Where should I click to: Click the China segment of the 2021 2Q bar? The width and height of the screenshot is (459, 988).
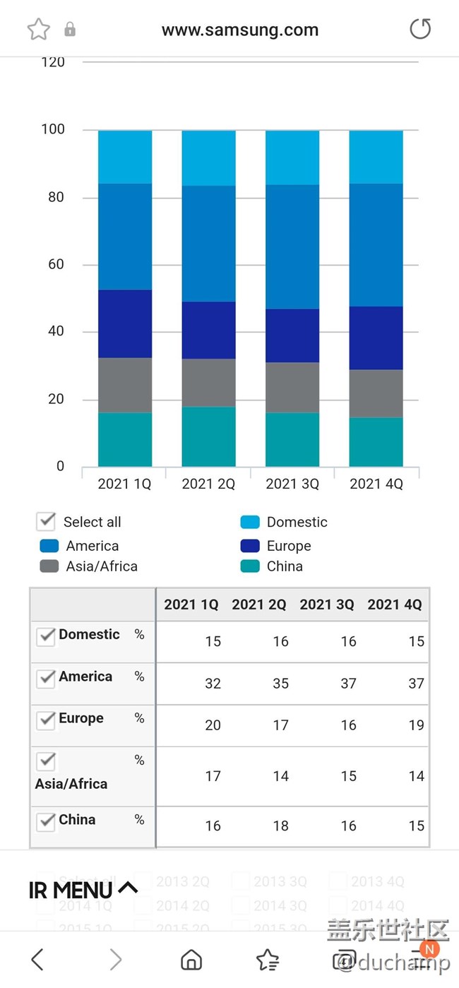pos(208,436)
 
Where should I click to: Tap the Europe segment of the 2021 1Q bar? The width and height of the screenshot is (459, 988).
pos(125,323)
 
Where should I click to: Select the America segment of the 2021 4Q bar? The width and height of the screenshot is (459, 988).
pos(376,244)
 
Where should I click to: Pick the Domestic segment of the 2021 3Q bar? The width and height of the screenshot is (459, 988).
pos(292,157)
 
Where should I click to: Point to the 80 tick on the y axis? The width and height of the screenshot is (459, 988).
pos(56,197)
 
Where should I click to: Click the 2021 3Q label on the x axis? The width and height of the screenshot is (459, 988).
pos(292,484)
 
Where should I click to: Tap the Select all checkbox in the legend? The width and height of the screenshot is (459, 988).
pos(46,522)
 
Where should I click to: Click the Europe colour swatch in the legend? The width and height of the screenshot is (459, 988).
pos(250,546)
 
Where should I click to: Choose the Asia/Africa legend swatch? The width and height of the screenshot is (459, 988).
pos(49,566)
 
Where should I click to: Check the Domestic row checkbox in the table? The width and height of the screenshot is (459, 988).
pos(46,636)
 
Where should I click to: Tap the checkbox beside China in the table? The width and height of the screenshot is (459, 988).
pos(46,821)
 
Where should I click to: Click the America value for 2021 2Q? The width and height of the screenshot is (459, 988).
pos(280,684)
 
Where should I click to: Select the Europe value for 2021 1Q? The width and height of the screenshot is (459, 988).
pos(213,725)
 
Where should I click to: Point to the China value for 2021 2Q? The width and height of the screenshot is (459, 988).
pos(280,826)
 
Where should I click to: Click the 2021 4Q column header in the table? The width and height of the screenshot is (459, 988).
pos(394,605)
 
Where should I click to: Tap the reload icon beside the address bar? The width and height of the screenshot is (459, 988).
pos(420,29)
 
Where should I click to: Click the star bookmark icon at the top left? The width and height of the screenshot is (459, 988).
pos(39,30)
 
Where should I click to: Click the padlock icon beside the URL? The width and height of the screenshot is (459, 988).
pos(70,29)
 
